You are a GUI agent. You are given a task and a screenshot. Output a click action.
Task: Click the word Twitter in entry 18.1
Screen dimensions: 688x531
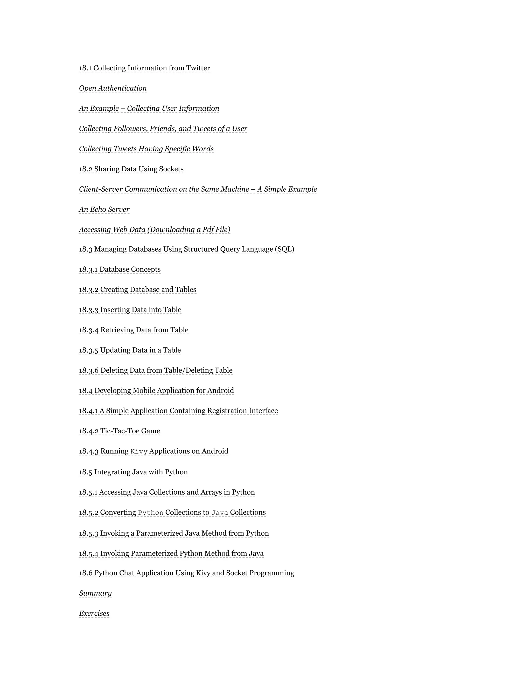coord(198,68)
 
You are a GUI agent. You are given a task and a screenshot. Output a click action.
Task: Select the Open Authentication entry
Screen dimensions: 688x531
coord(113,88)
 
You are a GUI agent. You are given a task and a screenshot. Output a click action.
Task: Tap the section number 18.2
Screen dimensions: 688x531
coord(86,169)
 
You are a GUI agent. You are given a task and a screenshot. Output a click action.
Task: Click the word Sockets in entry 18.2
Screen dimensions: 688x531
coord(171,169)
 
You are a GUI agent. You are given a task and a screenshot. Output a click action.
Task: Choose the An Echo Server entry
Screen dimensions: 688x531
coord(104,210)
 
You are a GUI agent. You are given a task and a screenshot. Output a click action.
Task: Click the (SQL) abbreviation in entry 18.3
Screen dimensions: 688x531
coord(285,249)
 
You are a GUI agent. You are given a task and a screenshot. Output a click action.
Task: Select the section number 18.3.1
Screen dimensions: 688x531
coord(88,270)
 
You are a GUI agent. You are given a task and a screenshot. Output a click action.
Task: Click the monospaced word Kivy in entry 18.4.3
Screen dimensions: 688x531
coord(139,451)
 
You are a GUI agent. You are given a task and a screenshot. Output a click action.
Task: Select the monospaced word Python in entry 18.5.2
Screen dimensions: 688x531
coord(151,513)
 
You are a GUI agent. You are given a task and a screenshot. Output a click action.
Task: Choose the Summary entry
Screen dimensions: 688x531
coord(95,593)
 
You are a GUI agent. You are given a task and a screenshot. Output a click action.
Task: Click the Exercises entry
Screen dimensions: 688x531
coord(94,614)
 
